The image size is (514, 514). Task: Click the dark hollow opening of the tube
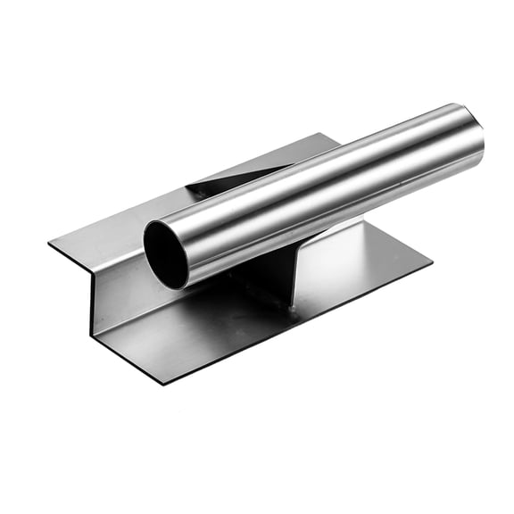click(x=167, y=254)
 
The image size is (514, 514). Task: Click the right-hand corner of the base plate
click(x=431, y=261)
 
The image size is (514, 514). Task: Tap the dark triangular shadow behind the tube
click(x=214, y=182)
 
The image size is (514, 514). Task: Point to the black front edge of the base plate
click(x=294, y=326)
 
